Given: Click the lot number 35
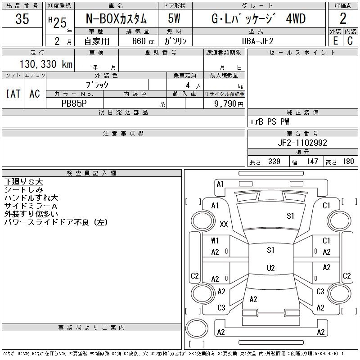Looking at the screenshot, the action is pos(22,18).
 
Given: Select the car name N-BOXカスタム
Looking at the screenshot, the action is pos(116,18).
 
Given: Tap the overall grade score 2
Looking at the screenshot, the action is pos(343,18).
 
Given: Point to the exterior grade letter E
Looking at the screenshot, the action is pos(335,41).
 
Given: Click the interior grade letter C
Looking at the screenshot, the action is pos(350,41).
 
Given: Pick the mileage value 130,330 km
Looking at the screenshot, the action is pos(46,64).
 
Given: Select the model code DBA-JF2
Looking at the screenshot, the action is pos(257,41).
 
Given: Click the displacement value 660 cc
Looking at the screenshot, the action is pos(143,41).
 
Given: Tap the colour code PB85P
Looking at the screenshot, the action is pos(74,103).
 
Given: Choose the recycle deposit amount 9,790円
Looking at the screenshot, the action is pos(229,103).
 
